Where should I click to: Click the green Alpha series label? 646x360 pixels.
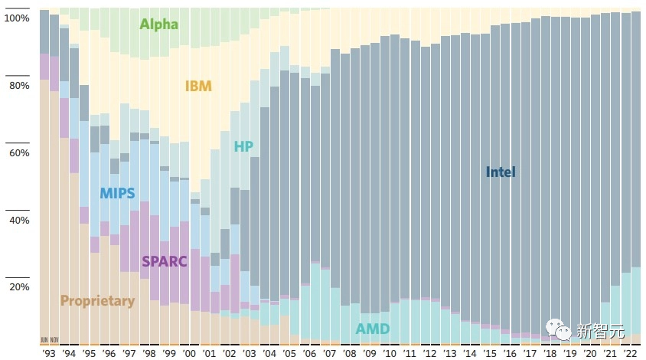pyautogui.click(x=158, y=24)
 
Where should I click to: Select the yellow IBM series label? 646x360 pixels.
pyautogui.click(x=198, y=86)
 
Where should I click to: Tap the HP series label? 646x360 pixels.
pyautogui.click(x=243, y=146)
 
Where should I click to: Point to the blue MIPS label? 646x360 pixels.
pyautogui.click(x=117, y=193)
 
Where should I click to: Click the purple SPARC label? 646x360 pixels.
pyautogui.click(x=164, y=261)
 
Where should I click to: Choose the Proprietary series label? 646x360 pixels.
pyautogui.click(x=97, y=301)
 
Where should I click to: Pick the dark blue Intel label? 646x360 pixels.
pyautogui.click(x=501, y=172)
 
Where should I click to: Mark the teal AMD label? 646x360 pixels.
pyautogui.click(x=373, y=329)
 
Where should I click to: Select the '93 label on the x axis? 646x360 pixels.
pyautogui.click(x=49, y=353)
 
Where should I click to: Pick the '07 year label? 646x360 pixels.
pyautogui.click(x=330, y=353)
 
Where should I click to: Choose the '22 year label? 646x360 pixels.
pyautogui.click(x=630, y=353)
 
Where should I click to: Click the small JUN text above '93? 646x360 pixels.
pyautogui.click(x=44, y=339)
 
